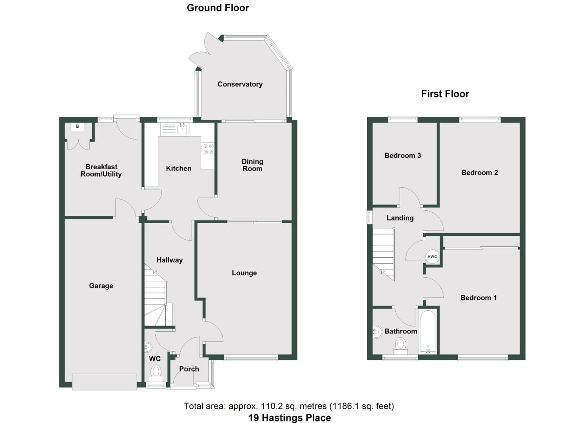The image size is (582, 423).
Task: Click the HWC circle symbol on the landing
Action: (432, 257)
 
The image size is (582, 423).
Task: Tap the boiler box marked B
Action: (77, 127)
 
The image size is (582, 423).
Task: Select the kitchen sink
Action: (182, 129)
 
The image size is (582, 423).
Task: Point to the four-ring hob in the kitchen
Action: (208, 149)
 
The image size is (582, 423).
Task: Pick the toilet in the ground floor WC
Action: (156, 372)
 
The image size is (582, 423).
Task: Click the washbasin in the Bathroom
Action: (377, 332)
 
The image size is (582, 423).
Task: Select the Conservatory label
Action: (240, 84)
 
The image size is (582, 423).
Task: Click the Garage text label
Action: (101, 286)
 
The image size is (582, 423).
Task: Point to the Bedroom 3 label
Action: (403, 155)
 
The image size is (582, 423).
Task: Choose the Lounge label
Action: (244, 273)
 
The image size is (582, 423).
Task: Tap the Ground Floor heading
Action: (218, 8)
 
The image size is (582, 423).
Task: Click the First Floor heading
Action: (445, 94)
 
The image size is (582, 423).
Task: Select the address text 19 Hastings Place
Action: (289, 418)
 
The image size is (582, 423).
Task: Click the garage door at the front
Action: (104, 382)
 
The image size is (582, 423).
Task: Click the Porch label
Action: (189, 369)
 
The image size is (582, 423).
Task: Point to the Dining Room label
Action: (252, 165)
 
